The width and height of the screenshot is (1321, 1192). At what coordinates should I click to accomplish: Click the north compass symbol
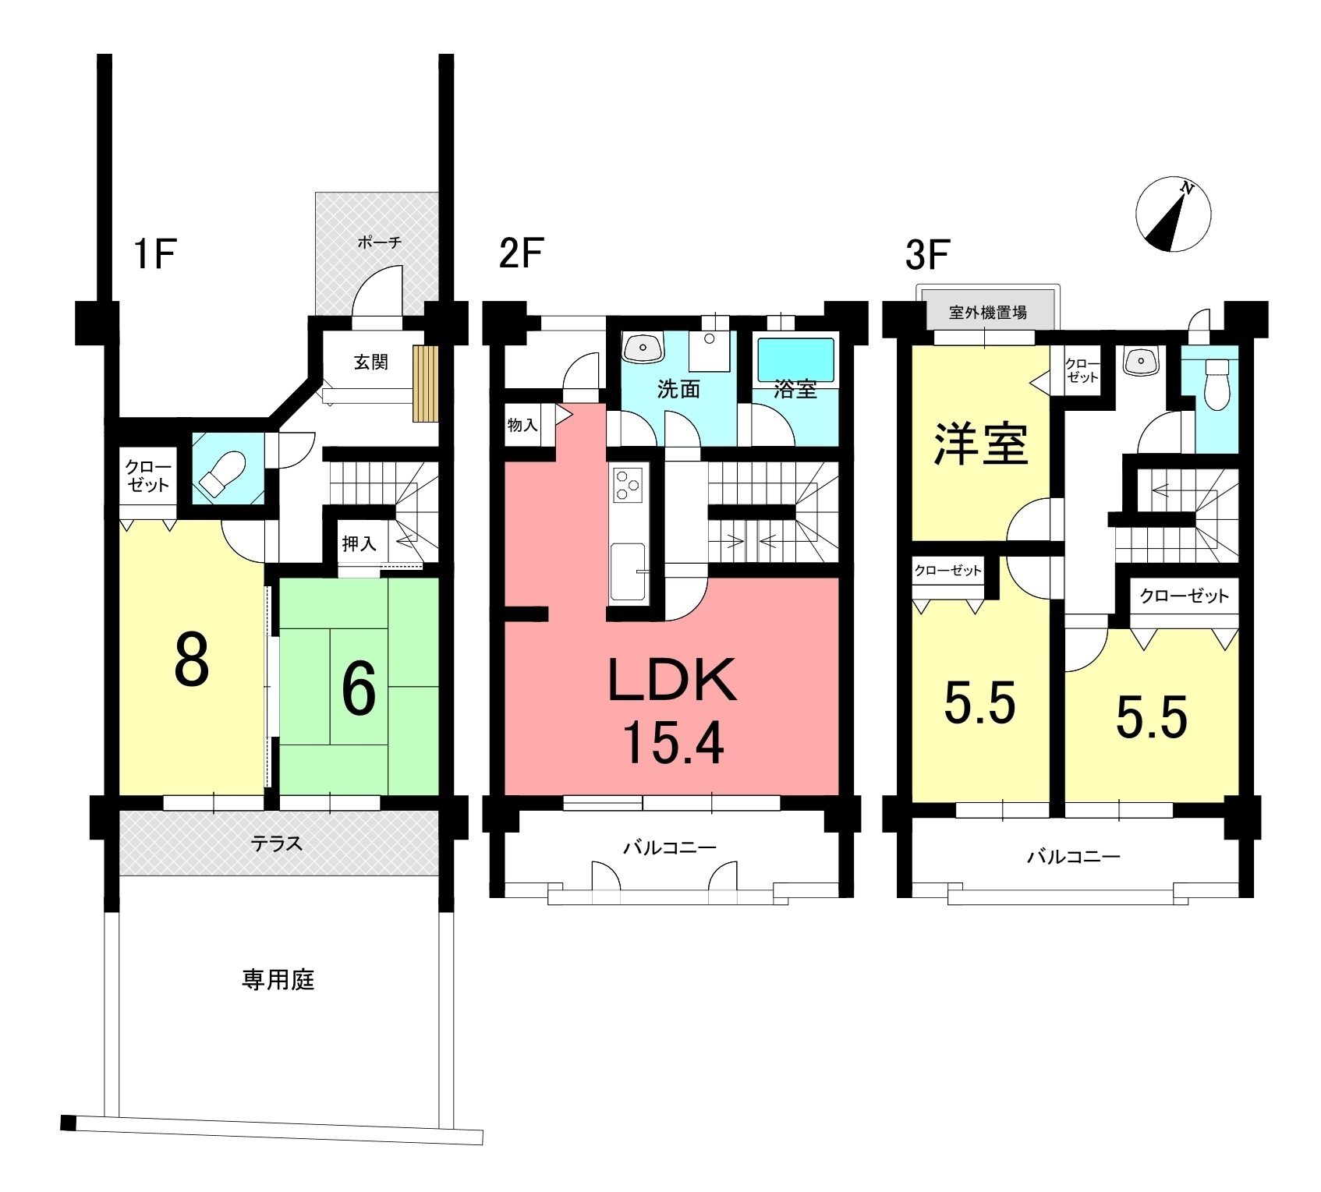(1173, 216)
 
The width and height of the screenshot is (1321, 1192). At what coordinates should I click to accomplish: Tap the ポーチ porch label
(380, 242)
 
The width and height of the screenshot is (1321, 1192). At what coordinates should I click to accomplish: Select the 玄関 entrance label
(370, 362)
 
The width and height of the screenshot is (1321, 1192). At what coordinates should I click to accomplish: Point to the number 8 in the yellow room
(191, 660)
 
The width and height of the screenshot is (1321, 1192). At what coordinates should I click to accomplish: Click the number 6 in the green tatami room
(359, 688)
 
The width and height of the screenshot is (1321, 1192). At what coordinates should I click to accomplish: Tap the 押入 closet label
(359, 543)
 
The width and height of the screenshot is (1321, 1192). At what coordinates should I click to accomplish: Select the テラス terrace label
(277, 844)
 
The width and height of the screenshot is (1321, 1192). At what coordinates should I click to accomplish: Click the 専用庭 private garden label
(278, 979)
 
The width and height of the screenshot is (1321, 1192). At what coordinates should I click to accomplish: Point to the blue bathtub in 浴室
(796, 360)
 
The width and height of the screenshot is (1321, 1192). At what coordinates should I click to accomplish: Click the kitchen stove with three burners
(628, 483)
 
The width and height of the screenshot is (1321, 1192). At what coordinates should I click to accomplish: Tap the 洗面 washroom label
(678, 389)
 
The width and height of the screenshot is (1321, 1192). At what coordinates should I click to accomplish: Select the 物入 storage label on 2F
(522, 425)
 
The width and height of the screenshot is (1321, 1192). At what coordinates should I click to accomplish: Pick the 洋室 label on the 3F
(981, 444)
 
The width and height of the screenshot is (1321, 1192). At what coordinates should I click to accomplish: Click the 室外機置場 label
(988, 313)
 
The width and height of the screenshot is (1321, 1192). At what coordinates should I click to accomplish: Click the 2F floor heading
(521, 253)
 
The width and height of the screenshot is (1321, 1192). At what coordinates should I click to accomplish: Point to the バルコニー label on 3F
(1073, 858)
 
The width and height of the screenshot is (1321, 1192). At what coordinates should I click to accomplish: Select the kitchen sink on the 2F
(629, 572)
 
